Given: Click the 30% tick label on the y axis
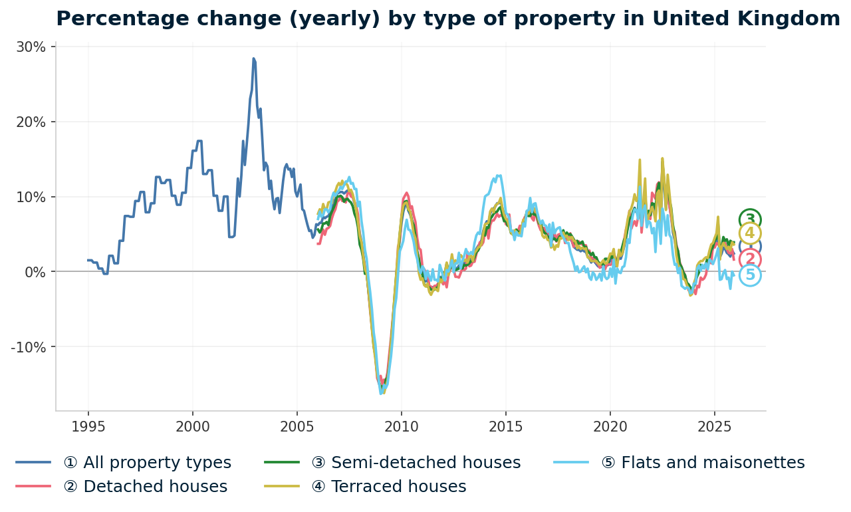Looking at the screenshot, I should [31, 47].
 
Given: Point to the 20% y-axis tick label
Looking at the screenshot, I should [31, 122].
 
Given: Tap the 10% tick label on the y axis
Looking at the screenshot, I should [31, 197].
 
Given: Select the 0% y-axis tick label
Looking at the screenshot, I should [35, 272].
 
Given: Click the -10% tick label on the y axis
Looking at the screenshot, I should [29, 347].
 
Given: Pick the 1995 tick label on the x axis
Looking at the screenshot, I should [88, 426].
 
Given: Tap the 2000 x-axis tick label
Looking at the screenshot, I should [192, 426].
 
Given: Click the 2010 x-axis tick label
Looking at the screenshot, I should [401, 426].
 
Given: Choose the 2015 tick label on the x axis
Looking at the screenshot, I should [505, 426].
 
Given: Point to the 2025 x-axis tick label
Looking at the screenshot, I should [714, 426].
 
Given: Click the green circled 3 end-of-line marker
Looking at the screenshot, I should [750, 219].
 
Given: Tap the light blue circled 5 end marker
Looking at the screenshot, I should [750, 275].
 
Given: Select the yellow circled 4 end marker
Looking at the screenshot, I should [750, 233].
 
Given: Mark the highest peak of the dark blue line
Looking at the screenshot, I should [253, 59].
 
